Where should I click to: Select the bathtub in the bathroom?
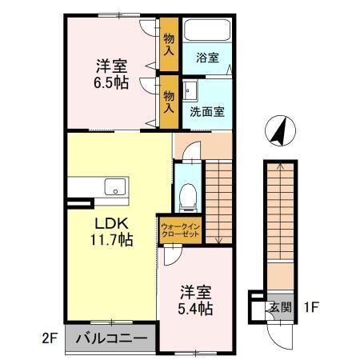207,32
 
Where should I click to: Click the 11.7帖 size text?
110,238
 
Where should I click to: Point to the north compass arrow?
278,131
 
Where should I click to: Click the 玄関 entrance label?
279,306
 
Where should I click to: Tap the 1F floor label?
312,306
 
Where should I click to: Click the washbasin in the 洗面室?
191,89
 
